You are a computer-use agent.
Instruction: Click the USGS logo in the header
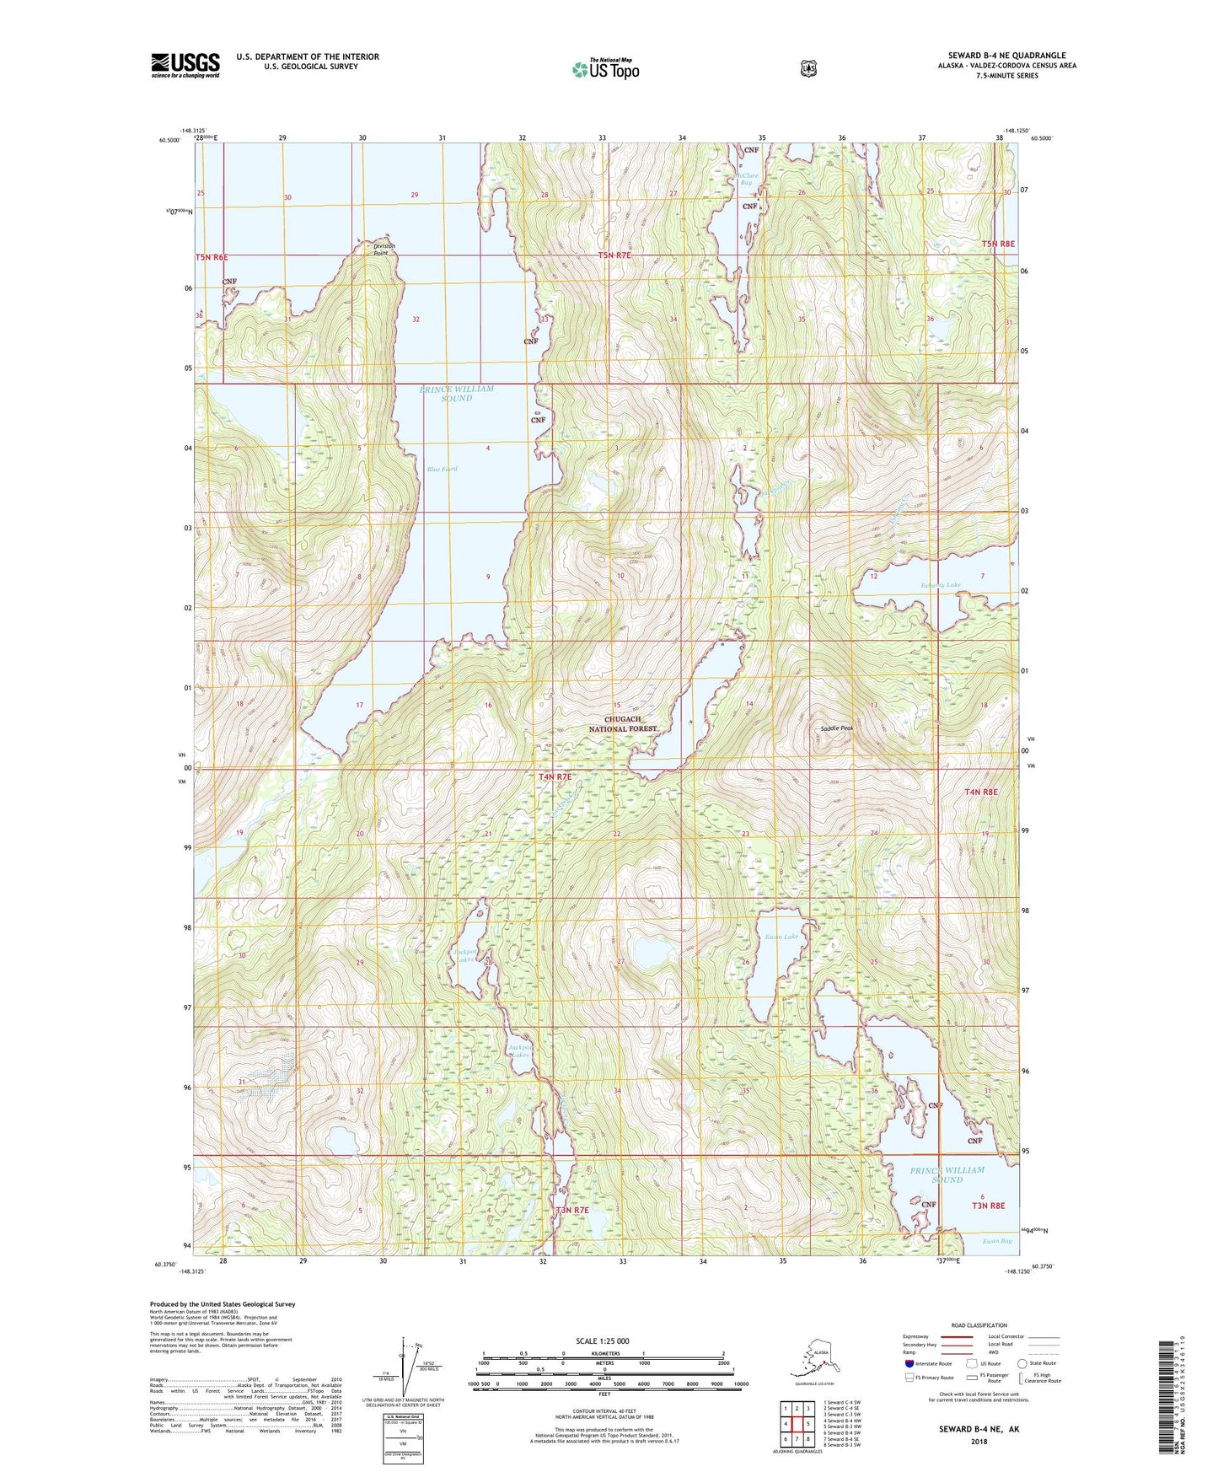(185, 65)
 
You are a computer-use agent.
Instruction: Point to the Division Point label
(384, 249)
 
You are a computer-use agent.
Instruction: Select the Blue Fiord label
(442, 469)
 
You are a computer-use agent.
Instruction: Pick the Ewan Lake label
(781, 937)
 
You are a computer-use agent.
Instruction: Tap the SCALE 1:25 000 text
(602, 1340)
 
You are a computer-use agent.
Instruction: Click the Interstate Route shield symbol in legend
(909, 1363)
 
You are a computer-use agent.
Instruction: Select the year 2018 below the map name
(978, 1441)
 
